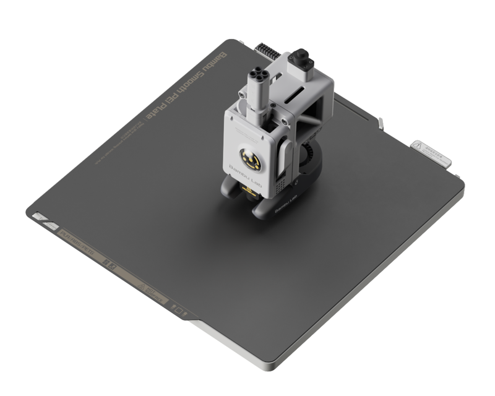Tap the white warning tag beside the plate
431,152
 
